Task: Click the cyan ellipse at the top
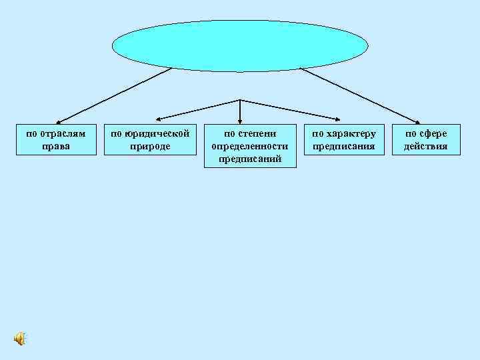click(x=240, y=45)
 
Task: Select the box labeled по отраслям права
click(x=56, y=139)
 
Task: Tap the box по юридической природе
click(x=150, y=139)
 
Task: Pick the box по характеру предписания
click(x=344, y=139)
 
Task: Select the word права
click(x=56, y=146)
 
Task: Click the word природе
click(x=150, y=146)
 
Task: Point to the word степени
click(x=257, y=133)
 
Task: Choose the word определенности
click(x=249, y=146)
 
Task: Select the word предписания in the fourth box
click(x=344, y=146)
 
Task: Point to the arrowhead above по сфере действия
click(x=420, y=121)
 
